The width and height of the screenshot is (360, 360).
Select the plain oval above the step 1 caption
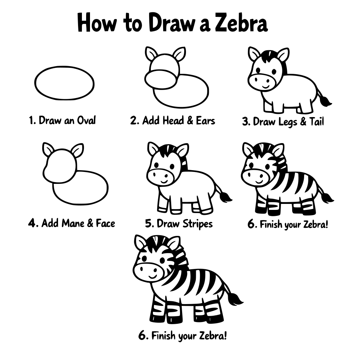pos(64,83)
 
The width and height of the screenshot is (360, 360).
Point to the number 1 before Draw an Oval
pos(31,121)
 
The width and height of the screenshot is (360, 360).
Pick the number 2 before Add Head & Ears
pos(134,121)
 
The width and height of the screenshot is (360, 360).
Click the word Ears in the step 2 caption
pos(205,121)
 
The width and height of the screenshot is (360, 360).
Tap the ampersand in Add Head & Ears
pos(190,121)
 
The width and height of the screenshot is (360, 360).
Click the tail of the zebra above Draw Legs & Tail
pos(324,100)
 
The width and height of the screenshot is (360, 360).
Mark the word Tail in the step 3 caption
pos(316,122)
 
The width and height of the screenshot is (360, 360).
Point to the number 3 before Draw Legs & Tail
pos(246,122)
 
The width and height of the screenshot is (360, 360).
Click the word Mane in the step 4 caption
pos(73,223)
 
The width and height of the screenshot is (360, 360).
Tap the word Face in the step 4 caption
pos(105,223)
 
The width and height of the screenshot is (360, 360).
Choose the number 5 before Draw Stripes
pos(148,224)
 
